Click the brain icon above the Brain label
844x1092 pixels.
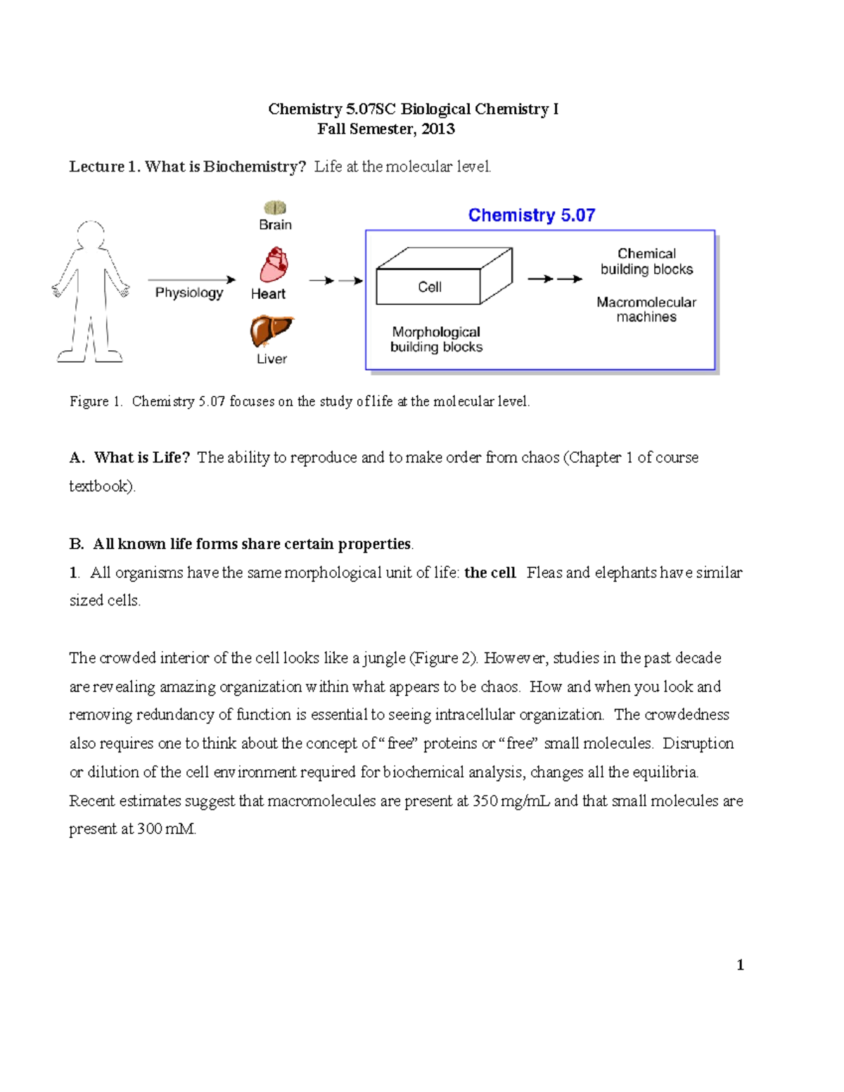coord(275,207)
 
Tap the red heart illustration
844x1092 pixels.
coord(274,265)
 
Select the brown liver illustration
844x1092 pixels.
coord(271,330)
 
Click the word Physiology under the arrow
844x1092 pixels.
coord(188,293)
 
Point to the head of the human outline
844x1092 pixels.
coord(90,233)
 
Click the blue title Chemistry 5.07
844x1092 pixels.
coord(532,215)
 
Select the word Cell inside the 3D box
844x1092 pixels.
coord(429,287)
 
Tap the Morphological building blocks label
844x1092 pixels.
coord(436,339)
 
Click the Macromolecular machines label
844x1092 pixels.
coord(646,309)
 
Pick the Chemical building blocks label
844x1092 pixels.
coord(646,262)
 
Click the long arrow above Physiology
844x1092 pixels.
coord(191,279)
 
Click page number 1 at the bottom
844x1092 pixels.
coord(740,965)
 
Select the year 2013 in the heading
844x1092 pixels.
coord(437,129)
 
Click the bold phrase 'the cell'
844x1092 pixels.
coord(490,572)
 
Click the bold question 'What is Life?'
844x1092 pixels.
coord(141,458)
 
